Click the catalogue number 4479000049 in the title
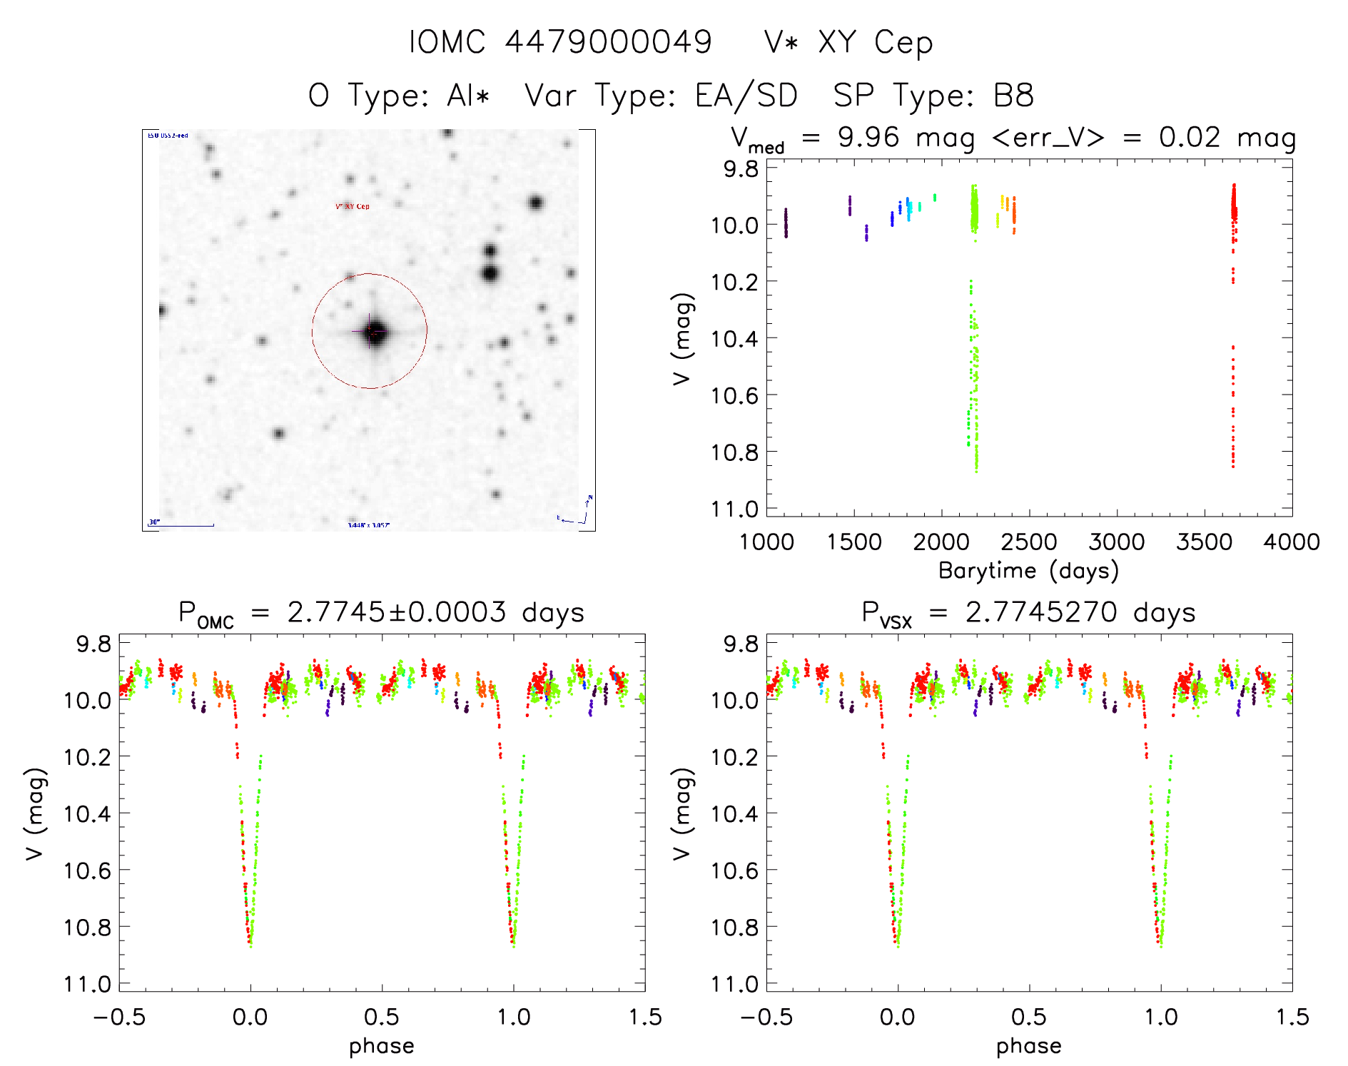click(608, 42)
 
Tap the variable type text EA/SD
click(746, 96)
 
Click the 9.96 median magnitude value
click(868, 137)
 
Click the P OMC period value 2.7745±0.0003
click(397, 612)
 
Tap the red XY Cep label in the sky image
click(353, 206)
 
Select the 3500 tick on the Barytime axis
click(1204, 542)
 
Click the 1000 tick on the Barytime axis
click(766, 542)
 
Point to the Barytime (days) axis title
click(1028, 571)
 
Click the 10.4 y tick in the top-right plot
click(734, 338)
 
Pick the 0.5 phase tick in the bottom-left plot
click(382, 1017)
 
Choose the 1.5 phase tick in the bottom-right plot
click(1292, 1017)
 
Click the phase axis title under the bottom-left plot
click(382, 1046)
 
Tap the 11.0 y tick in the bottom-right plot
click(734, 984)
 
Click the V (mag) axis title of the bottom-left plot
click(36, 814)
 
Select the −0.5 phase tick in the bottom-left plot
click(119, 1017)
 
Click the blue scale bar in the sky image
click(181, 526)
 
